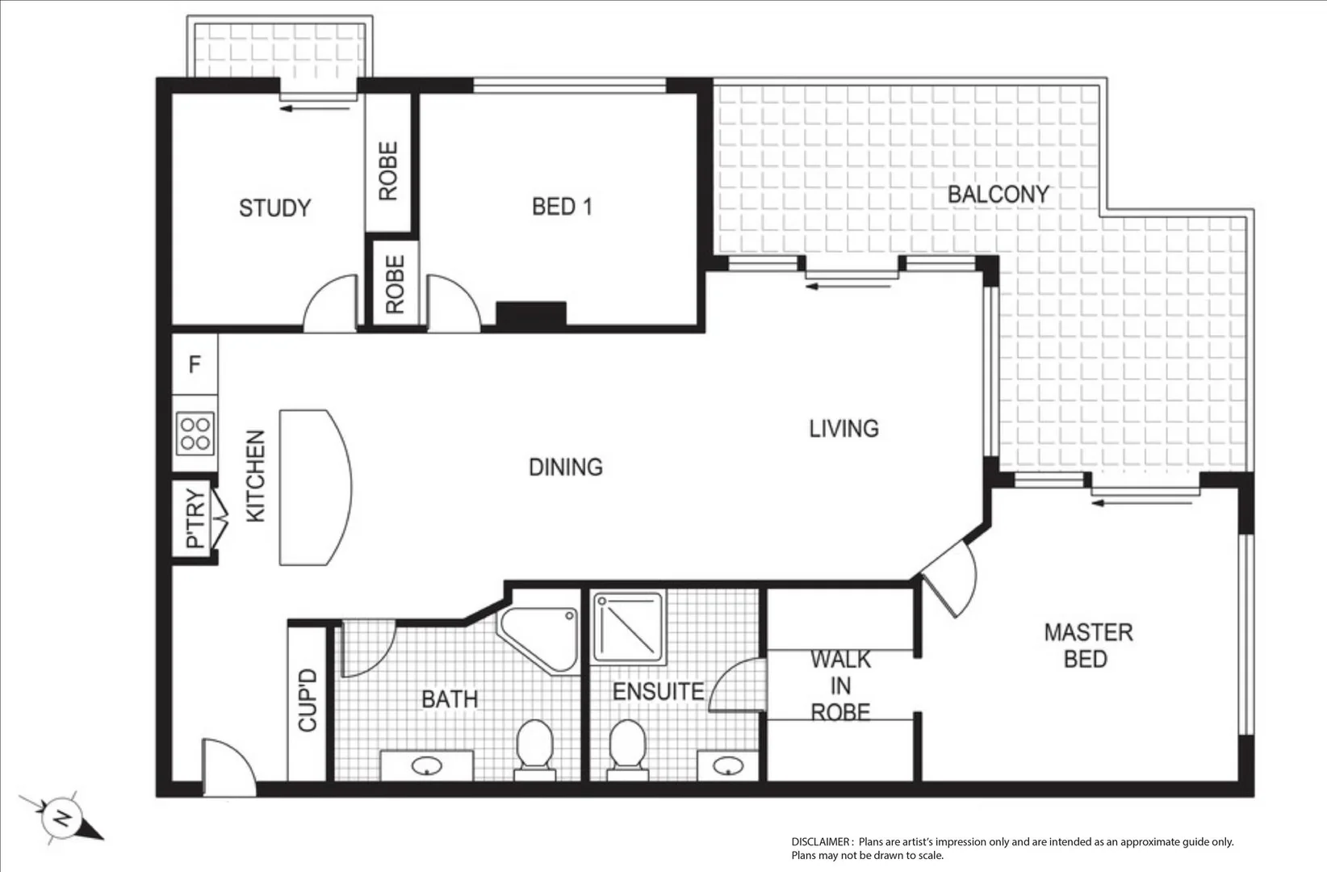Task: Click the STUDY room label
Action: pyautogui.click(x=274, y=208)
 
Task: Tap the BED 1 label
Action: pyautogui.click(x=562, y=207)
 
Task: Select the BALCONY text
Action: pyautogui.click(x=998, y=195)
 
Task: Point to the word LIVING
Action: pyautogui.click(x=844, y=429)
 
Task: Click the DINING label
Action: pyautogui.click(x=565, y=467)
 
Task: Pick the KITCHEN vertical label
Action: pyautogui.click(x=255, y=476)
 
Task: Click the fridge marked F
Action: pyautogui.click(x=195, y=365)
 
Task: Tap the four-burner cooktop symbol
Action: pyautogui.click(x=195, y=434)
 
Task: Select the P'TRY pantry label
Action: pyautogui.click(x=195, y=519)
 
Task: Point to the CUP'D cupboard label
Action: pyautogui.click(x=308, y=701)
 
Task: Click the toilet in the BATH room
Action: pyautogui.click(x=534, y=748)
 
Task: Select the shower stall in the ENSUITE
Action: pyautogui.click(x=628, y=628)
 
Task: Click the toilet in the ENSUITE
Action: pyautogui.click(x=627, y=748)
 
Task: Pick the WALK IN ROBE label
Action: pyautogui.click(x=840, y=686)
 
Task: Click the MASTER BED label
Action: pyautogui.click(x=1087, y=645)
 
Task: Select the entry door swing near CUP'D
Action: pyautogui.click(x=228, y=767)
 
